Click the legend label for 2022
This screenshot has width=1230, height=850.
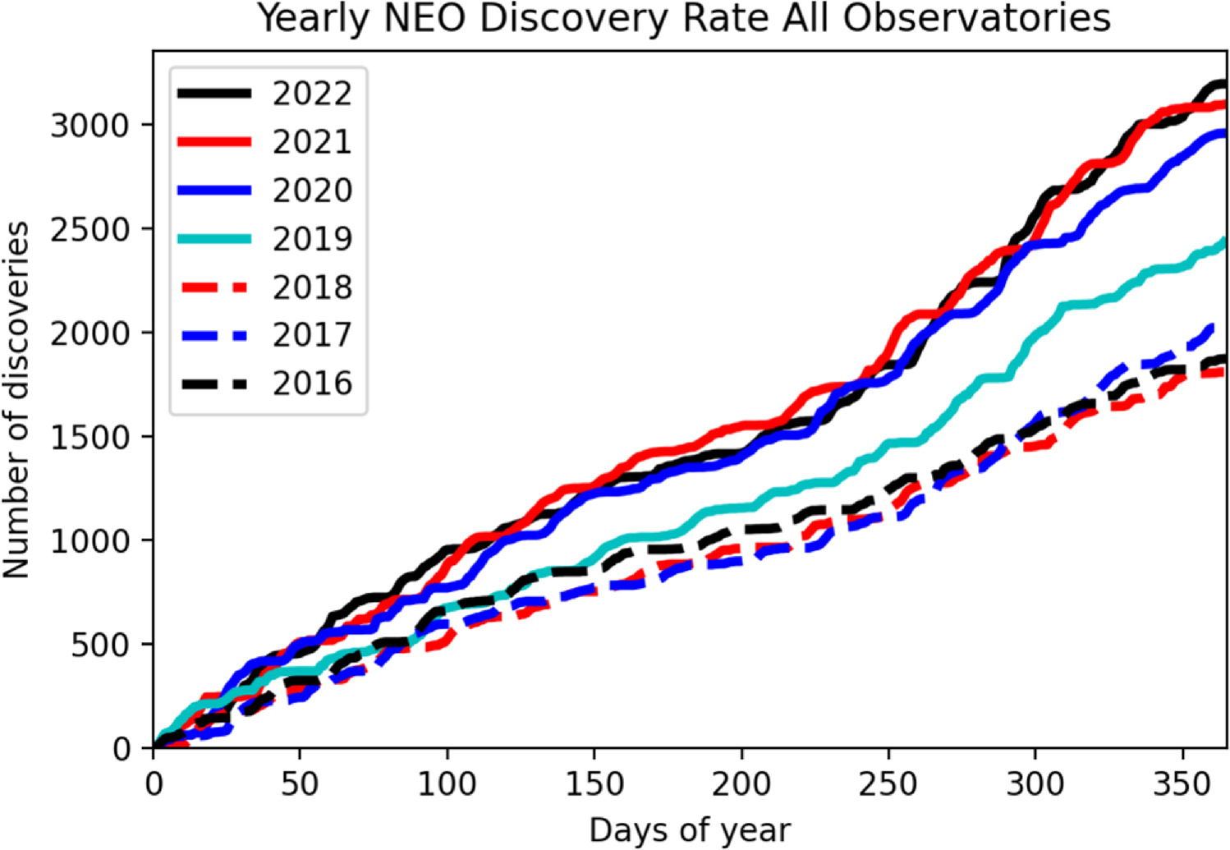312,94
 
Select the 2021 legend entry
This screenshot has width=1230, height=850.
312,142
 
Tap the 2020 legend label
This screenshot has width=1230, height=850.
312,191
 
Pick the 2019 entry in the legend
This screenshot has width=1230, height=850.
312,239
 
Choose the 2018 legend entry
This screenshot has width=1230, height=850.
312,287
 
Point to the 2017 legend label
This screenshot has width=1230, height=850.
312,335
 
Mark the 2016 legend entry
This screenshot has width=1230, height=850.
312,384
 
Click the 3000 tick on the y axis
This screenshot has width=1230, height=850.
90,126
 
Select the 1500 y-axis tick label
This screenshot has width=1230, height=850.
90,437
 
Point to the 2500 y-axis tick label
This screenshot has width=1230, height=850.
90,229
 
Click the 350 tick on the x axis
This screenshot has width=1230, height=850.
1182,784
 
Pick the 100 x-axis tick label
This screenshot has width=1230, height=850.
447,784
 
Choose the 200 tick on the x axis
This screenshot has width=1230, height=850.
741,784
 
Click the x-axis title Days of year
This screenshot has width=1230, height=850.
690,831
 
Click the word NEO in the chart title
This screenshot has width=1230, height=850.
430,18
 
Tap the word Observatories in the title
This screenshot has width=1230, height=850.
977,18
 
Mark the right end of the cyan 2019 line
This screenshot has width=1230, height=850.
1224,241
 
